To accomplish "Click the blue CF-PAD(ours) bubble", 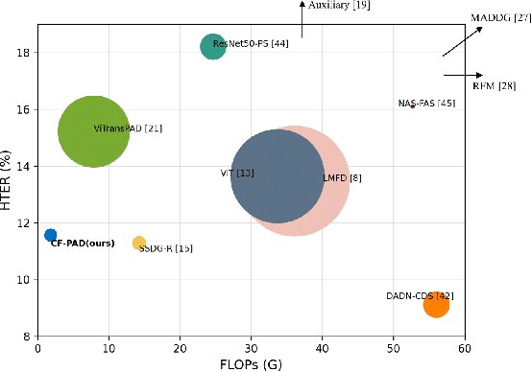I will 50,235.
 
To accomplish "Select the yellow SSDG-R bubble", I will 139,244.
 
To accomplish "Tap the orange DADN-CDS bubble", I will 436,305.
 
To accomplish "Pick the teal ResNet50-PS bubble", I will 213,46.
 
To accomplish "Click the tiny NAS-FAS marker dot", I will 412,106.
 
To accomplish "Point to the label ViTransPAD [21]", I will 128,128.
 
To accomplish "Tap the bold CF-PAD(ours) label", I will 83,244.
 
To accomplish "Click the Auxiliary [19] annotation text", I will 339,6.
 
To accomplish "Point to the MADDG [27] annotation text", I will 500,17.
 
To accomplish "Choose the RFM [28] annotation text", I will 495,86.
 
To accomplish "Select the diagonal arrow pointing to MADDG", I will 462,41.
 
